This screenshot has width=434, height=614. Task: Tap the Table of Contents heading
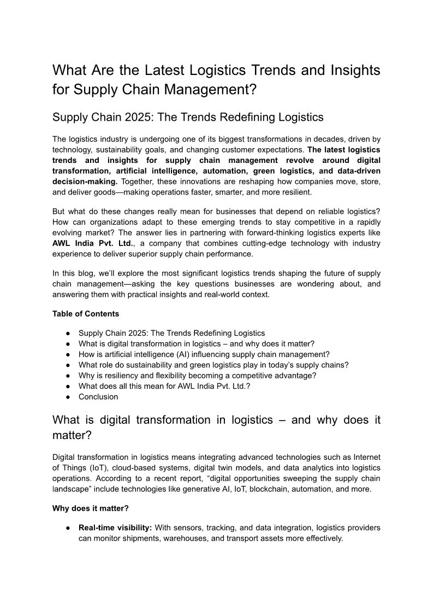tap(86, 314)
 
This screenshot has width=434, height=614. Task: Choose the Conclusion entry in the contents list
tap(98, 397)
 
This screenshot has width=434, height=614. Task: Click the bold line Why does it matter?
tap(91, 508)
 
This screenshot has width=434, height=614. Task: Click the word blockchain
tap(261, 489)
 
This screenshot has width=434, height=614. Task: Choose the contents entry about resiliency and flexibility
tap(197, 376)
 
